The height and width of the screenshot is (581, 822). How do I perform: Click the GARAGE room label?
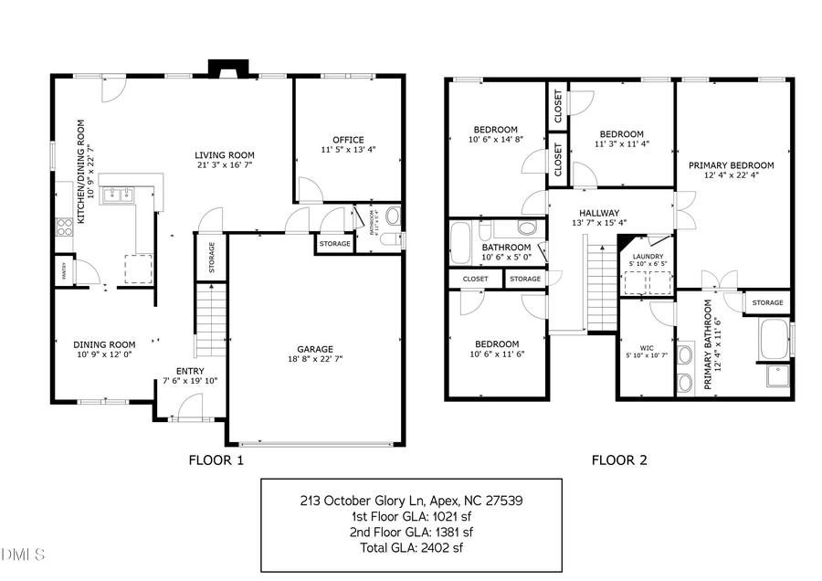(314, 348)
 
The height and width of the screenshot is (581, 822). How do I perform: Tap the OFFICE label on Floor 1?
(348, 140)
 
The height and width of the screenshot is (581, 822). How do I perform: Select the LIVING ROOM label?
(224, 154)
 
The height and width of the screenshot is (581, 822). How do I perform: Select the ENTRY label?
(190, 370)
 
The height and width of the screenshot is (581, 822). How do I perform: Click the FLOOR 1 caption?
(216, 460)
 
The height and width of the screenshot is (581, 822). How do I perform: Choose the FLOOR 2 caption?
(619, 460)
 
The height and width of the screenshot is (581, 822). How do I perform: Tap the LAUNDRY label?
(648, 258)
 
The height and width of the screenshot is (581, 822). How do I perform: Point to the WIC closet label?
(647, 347)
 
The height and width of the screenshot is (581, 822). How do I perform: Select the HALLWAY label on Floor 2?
(598, 212)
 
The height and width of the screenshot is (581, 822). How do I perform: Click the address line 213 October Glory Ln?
(411, 501)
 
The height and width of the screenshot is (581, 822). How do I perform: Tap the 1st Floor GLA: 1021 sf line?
(411, 516)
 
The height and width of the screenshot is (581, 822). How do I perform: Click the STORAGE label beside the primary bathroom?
(767, 302)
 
